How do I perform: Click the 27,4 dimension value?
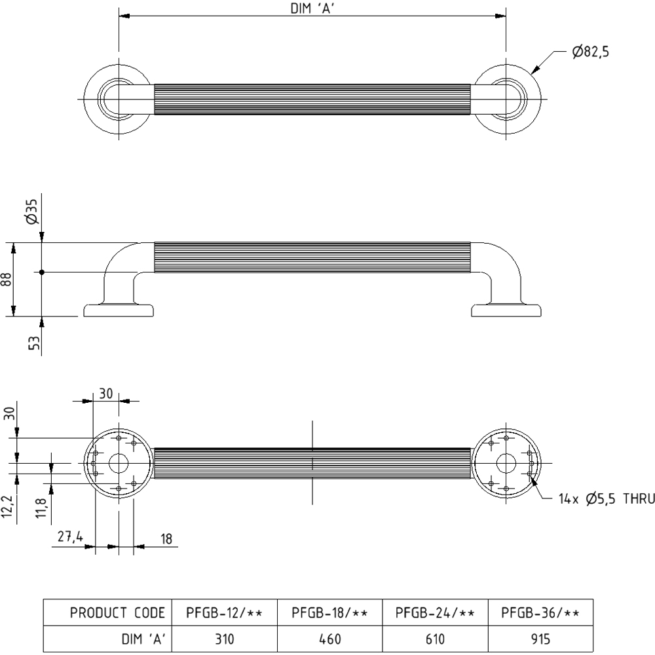coord(69,537)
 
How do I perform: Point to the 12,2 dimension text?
coord(8,506)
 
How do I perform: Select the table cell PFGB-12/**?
coord(224,613)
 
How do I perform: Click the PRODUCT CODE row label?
coord(118,613)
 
